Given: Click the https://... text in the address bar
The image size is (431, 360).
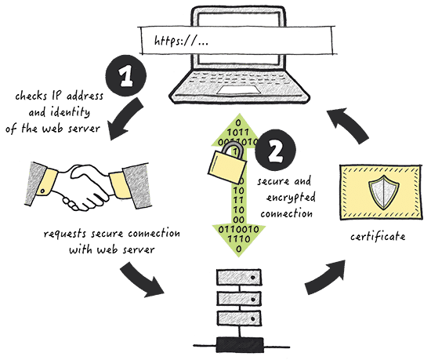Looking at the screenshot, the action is (x=181, y=42).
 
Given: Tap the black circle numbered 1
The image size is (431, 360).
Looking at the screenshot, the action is (x=126, y=75).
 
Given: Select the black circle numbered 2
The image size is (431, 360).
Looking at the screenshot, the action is (x=275, y=150).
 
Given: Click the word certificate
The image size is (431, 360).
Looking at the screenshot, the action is (x=378, y=237).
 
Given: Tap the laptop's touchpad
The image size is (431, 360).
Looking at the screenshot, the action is (x=238, y=90).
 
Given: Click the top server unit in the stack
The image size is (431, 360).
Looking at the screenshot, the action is (x=238, y=277).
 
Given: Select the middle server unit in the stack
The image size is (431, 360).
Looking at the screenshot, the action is (x=238, y=298).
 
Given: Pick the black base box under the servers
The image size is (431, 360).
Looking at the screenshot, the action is (x=240, y=345).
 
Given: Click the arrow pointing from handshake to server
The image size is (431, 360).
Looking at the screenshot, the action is (x=142, y=281).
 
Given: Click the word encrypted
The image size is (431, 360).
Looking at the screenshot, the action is (x=291, y=198).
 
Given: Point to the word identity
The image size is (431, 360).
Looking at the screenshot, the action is (x=70, y=112).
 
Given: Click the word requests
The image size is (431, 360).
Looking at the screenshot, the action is (x=65, y=234).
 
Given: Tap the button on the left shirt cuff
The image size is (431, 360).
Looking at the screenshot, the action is (x=42, y=191).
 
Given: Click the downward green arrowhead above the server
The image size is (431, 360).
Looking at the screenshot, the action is (x=238, y=240).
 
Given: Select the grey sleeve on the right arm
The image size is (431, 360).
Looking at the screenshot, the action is (x=136, y=186).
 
